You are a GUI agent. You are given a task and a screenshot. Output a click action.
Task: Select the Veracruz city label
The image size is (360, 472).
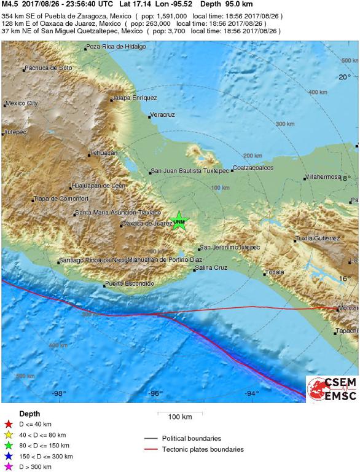click(x=163, y=115)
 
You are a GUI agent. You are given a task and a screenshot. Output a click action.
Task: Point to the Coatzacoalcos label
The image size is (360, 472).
click(x=251, y=167)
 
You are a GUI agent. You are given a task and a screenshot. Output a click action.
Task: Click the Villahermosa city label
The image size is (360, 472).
click(x=323, y=177)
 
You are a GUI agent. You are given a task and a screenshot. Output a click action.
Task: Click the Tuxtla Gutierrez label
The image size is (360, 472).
click(x=318, y=238)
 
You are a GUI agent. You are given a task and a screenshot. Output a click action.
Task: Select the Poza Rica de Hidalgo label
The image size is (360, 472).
click(x=116, y=47)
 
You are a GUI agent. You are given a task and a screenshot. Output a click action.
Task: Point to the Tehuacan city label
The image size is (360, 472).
click(x=103, y=153)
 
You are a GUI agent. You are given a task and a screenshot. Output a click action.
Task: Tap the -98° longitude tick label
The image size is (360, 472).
click(x=59, y=393)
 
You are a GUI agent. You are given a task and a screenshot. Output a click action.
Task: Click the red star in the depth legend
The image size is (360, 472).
click(x=8, y=423)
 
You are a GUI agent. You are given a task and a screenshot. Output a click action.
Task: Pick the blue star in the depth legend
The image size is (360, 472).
click(x=8, y=457)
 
